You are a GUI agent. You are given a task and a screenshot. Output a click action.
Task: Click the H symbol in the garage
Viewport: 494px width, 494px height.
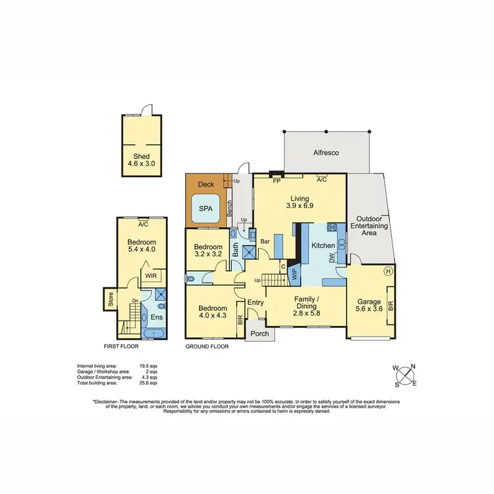pyautogui.click(x=389, y=271)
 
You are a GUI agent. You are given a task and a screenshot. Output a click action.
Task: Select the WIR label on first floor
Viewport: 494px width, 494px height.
pyautogui.click(x=151, y=275)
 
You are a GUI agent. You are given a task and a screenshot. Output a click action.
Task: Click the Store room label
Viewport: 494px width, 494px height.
pyautogui.click(x=110, y=303)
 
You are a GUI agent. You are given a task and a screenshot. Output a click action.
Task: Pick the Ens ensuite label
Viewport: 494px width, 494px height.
pyautogui.click(x=157, y=317)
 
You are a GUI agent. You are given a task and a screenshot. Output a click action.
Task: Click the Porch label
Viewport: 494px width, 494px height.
pyautogui.click(x=260, y=333)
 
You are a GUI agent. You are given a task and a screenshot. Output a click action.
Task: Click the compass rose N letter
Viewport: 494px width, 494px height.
pyautogui.click(x=413, y=368)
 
